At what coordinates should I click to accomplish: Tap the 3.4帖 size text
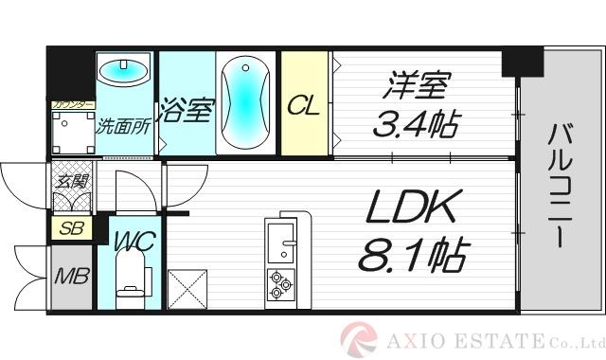418,123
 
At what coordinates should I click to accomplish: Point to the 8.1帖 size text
414,254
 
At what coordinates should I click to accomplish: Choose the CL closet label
304,104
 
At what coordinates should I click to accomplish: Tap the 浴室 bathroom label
185,109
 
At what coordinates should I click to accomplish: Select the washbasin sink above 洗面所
124,70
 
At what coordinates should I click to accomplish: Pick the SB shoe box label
69,227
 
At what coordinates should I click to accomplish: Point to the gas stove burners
280,283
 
